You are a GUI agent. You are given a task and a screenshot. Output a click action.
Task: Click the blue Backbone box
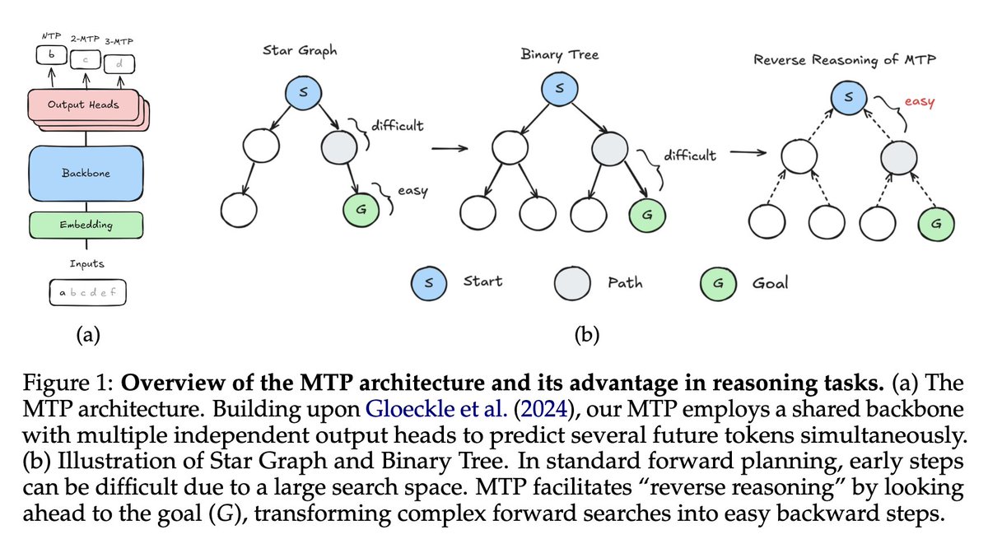[x=86, y=173]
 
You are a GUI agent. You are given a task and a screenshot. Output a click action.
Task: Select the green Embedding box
[x=86, y=225]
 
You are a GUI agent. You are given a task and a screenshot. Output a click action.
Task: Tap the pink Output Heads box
[x=83, y=105]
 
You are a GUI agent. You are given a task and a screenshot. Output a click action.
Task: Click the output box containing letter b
[x=52, y=55]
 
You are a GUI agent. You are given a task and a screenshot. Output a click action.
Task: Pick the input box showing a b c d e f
[x=88, y=292]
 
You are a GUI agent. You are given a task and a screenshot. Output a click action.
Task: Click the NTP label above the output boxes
[x=52, y=36]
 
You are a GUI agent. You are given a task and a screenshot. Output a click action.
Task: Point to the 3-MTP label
[x=119, y=42]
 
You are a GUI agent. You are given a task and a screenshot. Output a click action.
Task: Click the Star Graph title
[x=300, y=51]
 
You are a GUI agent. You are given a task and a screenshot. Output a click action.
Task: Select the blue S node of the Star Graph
[x=304, y=92]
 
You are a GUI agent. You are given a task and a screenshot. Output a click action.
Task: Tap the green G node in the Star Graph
[x=361, y=210]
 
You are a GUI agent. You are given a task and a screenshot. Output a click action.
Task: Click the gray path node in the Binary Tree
[x=610, y=148]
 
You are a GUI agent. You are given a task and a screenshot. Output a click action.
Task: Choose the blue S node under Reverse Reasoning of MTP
[x=849, y=97]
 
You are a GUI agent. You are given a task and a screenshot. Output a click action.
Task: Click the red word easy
[x=920, y=102]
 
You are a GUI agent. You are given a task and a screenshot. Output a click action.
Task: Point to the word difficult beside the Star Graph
[x=398, y=126]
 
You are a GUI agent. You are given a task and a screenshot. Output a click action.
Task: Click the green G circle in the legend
[x=719, y=283]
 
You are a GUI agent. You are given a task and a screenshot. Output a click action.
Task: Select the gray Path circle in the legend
[x=572, y=283]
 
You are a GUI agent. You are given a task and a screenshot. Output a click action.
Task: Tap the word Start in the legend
[x=482, y=281]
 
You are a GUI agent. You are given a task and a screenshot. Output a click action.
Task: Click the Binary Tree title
[x=560, y=54]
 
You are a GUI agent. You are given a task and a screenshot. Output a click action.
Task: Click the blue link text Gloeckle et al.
[x=436, y=408]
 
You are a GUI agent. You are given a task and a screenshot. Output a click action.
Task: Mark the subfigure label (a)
[x=88, y=335]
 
